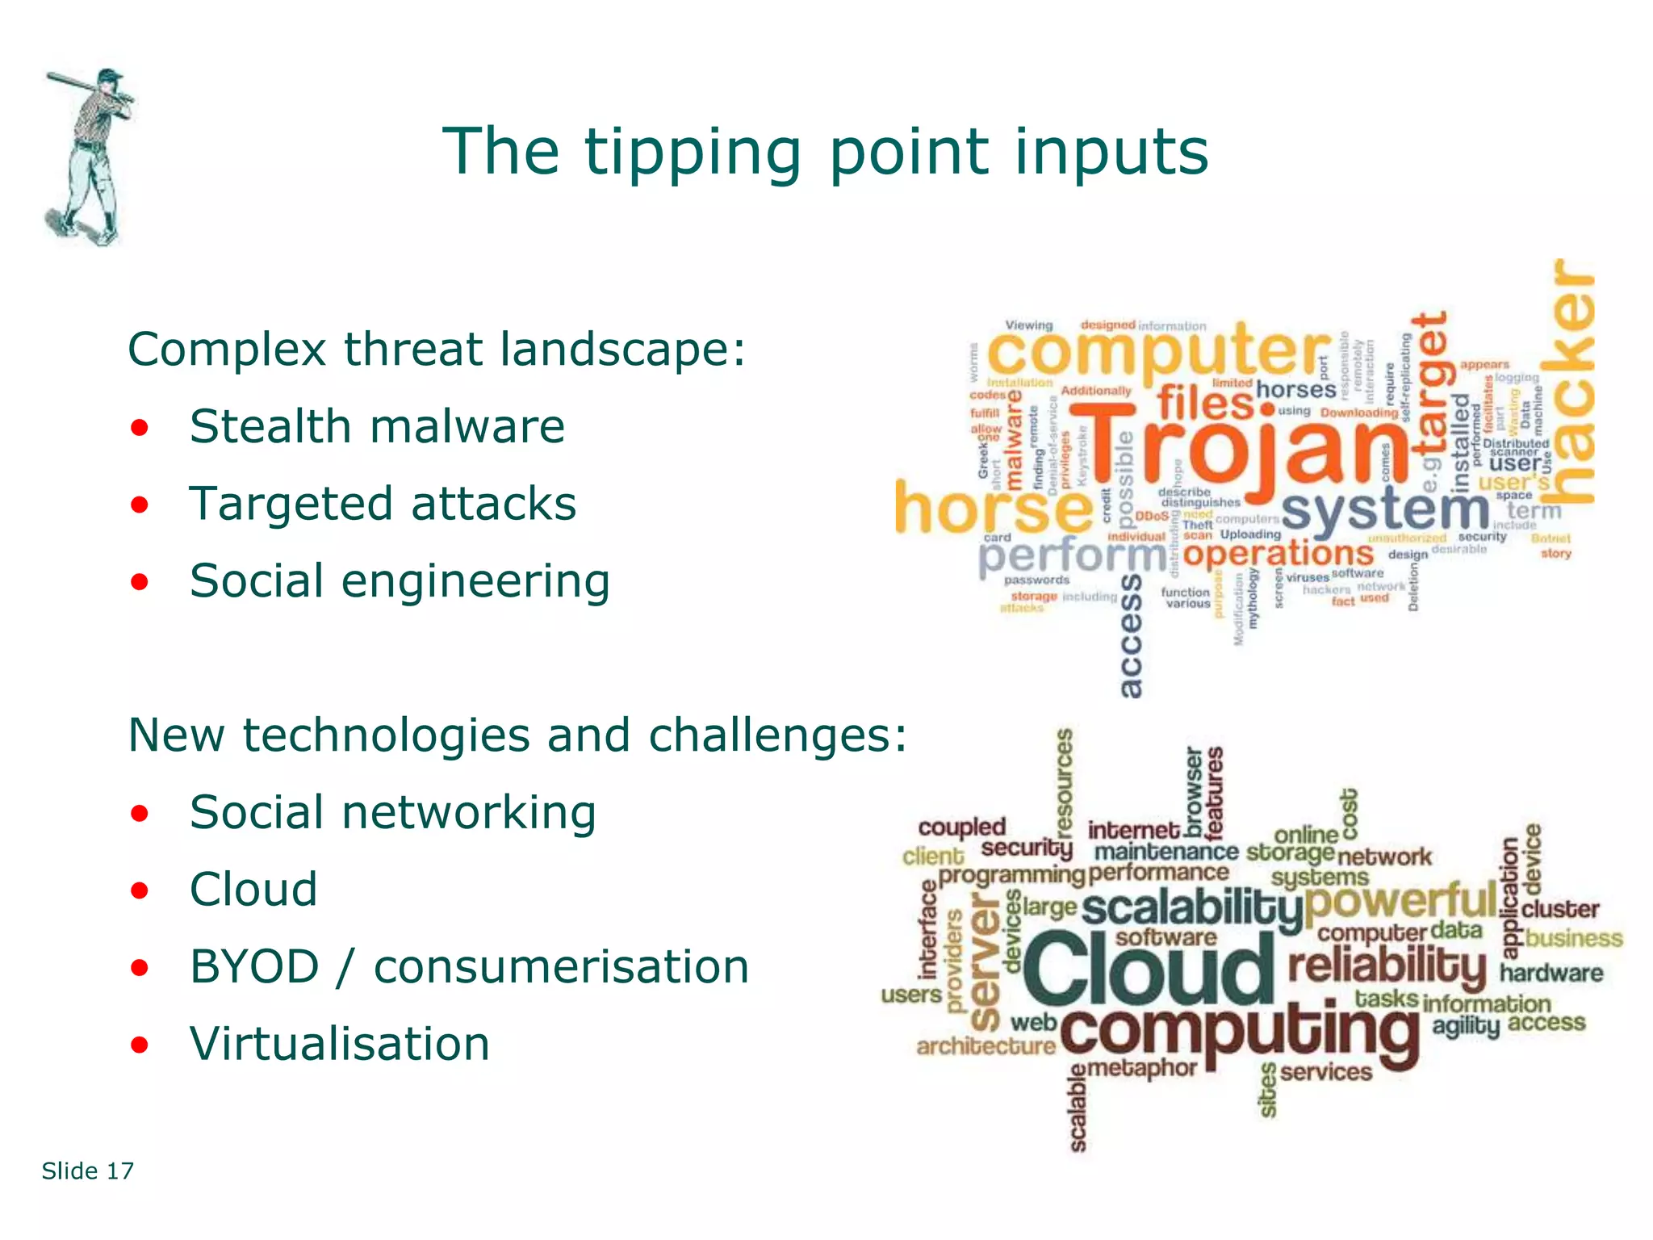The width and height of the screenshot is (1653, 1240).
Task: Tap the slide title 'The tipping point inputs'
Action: coord(825,152)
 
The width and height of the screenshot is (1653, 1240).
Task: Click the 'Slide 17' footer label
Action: coord(87,1171)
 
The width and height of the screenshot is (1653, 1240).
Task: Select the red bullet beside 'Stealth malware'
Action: coord(140,427)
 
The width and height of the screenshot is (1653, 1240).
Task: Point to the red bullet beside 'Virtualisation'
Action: coord(140,1045)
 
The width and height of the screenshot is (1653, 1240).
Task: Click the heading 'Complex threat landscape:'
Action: coord(437,350)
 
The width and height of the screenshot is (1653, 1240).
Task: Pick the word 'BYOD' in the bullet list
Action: coord(254,966)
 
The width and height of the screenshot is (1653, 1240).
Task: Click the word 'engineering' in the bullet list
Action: coord(475,581)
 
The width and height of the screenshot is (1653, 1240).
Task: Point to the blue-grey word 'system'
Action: coord(1384,511)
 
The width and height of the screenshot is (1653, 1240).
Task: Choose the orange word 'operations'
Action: coord(1278,554)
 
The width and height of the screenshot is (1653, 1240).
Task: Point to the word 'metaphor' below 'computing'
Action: coord(1141,1069)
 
